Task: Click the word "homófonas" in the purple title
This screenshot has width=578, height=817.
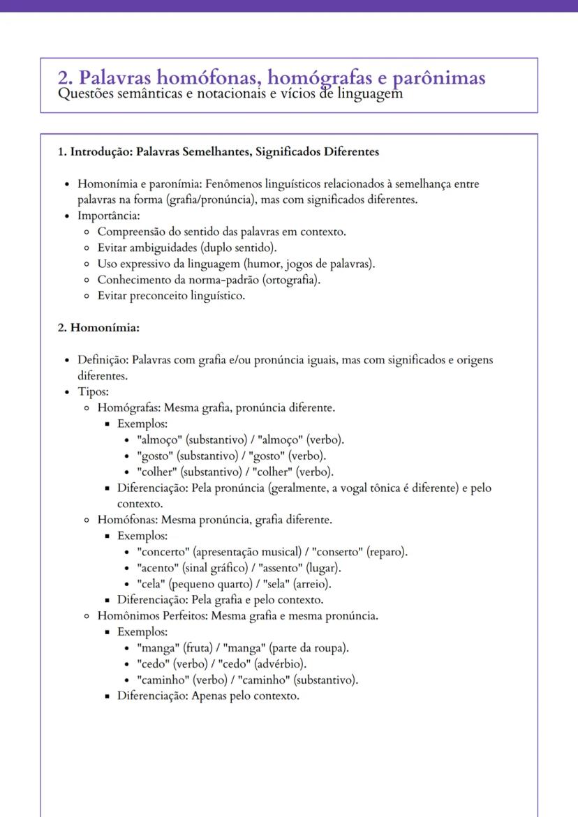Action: click(x=214, y=77)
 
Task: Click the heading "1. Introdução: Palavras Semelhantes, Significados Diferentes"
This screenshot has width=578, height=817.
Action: click(x=218, y=151)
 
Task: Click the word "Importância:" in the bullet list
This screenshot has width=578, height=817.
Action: click(x=109, y=216)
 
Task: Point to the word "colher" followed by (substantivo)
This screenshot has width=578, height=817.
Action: click(x=157, y=472)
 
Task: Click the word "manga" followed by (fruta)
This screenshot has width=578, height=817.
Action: click(x=160, y=648)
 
